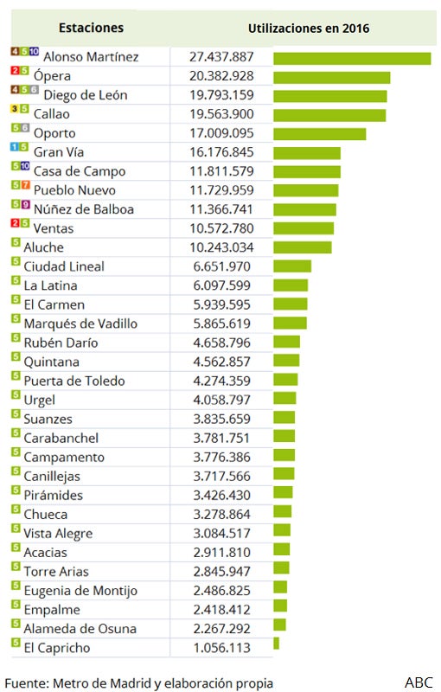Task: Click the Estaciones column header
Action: tap(91, 28)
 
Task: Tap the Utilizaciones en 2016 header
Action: tap(309, 29)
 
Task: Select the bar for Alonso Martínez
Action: tap(352, 59)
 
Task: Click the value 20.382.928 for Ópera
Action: tap(221, 76)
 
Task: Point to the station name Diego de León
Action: tap(86, 95)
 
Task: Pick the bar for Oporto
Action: tap(320, 134)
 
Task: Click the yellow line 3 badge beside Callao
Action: tap(15, 109)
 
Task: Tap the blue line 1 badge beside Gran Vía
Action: tap(15, 147)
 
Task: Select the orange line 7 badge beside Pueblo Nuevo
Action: tap(25, 185)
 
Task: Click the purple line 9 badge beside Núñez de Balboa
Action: tap(25, 204)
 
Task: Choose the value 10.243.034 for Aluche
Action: tap(221, 247)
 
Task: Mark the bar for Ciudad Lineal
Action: tap(292, 266)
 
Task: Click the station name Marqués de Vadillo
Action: tap(80, 324)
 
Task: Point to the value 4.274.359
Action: tap(221, 381)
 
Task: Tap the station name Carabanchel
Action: tap(61, 438)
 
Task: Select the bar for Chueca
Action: tap(282, 511)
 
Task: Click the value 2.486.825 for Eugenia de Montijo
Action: tap(221, 591)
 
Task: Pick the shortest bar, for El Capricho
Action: tap(276, 644)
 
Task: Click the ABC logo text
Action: tap(419, 682)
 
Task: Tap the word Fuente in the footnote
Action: tap(26, 683)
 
